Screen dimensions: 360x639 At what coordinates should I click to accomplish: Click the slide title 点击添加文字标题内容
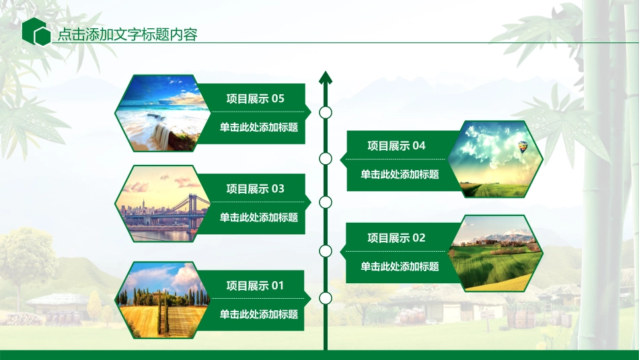127,34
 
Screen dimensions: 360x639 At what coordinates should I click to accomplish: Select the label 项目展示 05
255,99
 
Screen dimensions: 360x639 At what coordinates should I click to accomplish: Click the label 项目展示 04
396,145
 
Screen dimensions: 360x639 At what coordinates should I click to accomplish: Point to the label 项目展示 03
255,189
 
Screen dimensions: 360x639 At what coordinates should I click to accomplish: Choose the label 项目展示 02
396,238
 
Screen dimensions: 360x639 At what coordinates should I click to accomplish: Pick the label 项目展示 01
255,286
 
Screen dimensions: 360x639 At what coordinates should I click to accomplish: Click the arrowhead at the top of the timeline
326,77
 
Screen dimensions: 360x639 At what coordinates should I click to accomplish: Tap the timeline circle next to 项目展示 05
326,112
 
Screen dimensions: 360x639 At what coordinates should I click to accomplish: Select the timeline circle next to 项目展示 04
326,159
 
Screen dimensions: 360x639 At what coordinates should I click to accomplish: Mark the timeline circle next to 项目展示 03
326,202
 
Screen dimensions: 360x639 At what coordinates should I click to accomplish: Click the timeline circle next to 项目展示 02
326,251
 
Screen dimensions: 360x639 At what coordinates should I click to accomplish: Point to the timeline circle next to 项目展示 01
326,298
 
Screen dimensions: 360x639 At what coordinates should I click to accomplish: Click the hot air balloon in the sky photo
522,146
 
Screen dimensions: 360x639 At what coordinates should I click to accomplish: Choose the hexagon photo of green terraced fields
495,254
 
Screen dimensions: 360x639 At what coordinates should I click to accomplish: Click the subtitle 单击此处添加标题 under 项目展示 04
400,174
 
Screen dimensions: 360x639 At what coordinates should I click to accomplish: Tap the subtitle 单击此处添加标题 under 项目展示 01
259,314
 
